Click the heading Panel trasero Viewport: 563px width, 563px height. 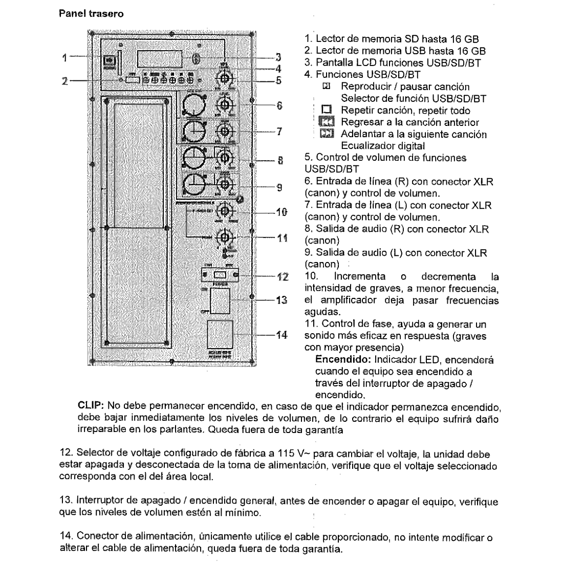pyautogui.click(x=91, y=14)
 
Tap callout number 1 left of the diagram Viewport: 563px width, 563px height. pyautogui.click(x=64, y=58)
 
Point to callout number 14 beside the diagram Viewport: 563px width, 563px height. pyautogui.click(x=281, y=335)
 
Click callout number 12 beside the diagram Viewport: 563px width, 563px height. pyautogui.click(x=283, y=277)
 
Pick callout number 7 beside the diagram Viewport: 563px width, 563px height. pyautogui.click(x=279, y=131)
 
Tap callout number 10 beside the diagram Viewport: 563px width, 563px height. pyautogui.click(x=281, y=212)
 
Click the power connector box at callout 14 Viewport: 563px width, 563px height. pyautogui.click(x=220, y=334)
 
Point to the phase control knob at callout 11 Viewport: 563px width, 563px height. pyautogui.click(x=224, y=237)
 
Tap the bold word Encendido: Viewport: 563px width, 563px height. pyautogui.click(x=344, y=360)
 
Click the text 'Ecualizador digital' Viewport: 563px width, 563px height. pyautogui.click(x=383, y=146)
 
